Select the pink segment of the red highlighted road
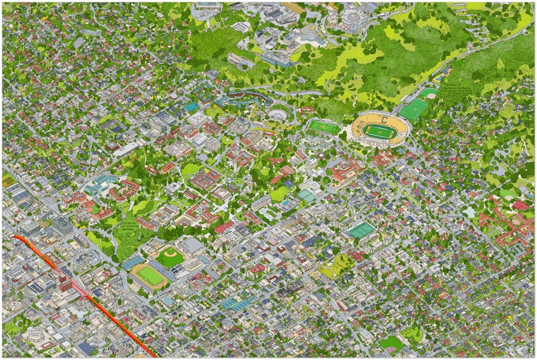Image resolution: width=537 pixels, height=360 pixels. point(78,288)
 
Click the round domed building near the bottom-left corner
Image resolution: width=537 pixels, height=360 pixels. point(34,336)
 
